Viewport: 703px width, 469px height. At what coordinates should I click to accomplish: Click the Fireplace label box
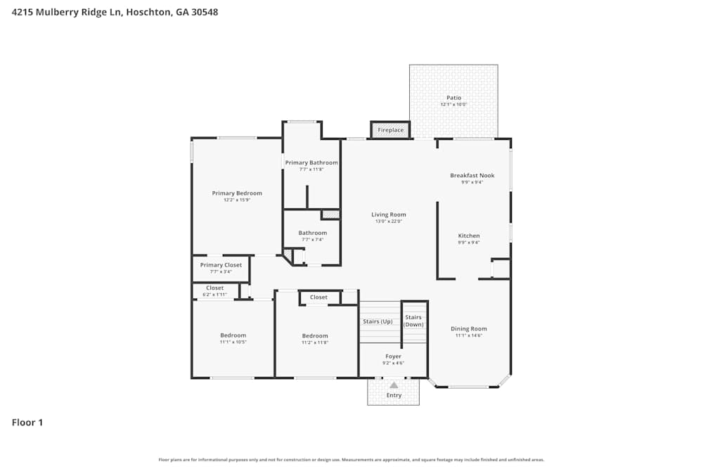(x=390, y=130)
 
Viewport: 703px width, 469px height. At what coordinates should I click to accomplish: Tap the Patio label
(x=454, y=98)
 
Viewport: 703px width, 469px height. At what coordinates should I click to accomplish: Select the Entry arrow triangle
(x=394, y=385)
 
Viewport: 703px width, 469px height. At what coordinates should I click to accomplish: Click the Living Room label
(x=389, y=214)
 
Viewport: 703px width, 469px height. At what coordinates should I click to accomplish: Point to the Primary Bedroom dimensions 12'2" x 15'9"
(x=237, y=200)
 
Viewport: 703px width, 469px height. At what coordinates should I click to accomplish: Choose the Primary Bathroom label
(x=311, y=162)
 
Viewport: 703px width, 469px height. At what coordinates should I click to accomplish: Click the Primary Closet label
(x=221, y=265)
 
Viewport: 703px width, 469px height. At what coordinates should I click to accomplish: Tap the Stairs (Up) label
(x=378, y=321)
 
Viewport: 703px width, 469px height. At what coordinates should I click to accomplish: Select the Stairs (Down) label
(x=414, y=321)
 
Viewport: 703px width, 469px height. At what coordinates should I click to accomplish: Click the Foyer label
(x=394, y=356)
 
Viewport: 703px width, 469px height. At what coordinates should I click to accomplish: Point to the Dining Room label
(x=469, y=328)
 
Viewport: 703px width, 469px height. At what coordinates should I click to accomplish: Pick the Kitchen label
(x=469, y=236)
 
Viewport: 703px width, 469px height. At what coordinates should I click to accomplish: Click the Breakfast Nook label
(x=472, y=175)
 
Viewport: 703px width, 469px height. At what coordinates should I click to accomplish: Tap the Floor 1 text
(x=27, y=423)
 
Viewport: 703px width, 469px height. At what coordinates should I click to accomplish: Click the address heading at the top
(x=110, y=12)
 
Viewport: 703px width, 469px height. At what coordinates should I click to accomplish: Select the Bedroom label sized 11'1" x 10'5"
(x=233, y=335)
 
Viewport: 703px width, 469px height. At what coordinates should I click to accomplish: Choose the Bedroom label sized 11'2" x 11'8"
(x=315, y=335)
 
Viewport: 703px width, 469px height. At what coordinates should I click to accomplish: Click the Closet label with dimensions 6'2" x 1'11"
(x=214, y=288)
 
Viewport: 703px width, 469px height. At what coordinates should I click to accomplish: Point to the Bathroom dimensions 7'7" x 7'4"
(x=312, y=240)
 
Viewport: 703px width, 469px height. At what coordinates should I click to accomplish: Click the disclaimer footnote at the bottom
(x=351, y=460)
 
